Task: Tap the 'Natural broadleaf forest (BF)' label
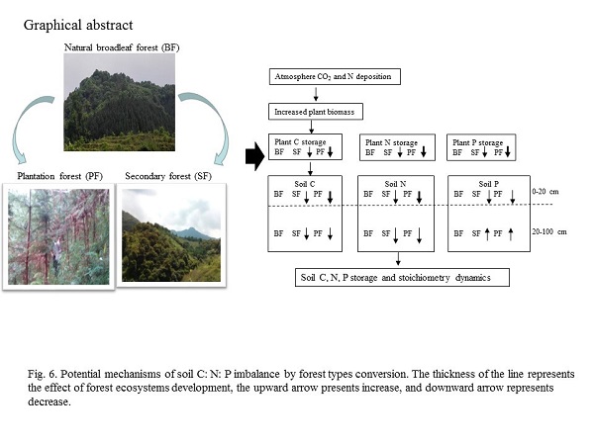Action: [x=122, y=47]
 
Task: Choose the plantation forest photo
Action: [x=59, y=234]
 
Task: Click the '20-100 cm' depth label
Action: [x=550, y=232]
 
